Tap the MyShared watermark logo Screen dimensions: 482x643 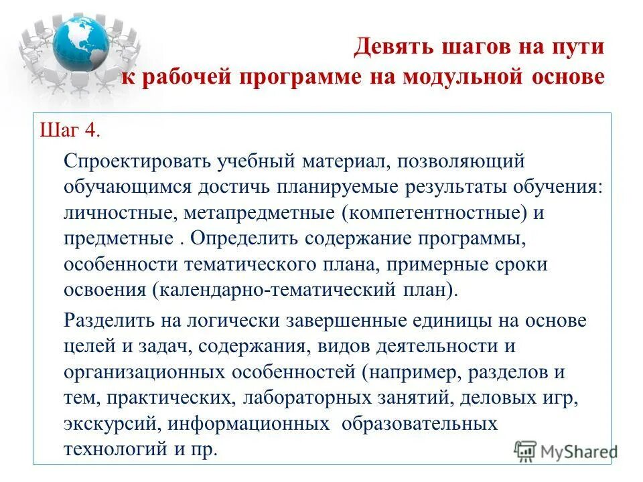click(567, 450)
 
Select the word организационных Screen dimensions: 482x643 click(141, 372)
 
